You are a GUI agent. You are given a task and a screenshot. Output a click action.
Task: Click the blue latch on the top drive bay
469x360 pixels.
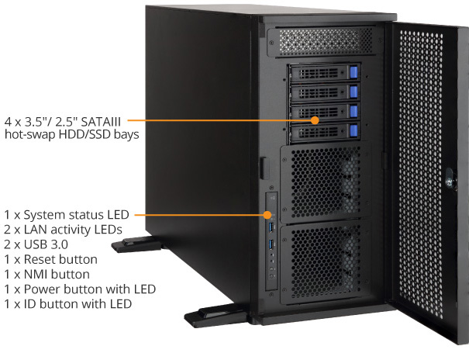(353, 72)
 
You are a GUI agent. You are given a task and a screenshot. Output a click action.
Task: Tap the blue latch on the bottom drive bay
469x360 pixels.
(353, 131)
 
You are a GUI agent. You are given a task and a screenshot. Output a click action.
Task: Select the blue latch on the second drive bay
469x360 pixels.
(353, 92)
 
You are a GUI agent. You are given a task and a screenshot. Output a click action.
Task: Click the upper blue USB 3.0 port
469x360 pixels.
(271, 228)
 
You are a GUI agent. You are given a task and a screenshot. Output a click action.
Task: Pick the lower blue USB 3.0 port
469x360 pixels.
(271, 244)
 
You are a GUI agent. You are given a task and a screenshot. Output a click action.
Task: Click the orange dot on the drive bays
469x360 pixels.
(315, 120)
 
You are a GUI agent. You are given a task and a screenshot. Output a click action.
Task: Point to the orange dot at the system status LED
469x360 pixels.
(267, 215)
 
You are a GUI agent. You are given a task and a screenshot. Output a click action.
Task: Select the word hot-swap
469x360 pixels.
(30, 134)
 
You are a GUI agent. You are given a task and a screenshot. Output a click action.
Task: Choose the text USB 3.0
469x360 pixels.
(46, 244)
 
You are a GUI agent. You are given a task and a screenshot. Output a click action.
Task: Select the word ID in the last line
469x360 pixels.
(30, 303)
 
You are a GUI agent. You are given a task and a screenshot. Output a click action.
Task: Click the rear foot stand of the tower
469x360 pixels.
(136, 244)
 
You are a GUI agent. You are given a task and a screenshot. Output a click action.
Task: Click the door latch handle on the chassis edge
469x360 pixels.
(264, 168)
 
